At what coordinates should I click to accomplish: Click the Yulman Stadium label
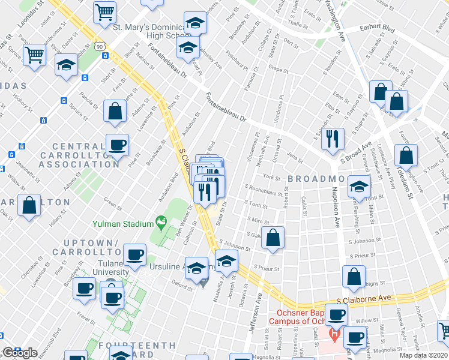[122, 224]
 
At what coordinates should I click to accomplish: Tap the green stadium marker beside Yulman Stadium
[161, 223]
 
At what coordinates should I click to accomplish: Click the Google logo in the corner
[20, 353]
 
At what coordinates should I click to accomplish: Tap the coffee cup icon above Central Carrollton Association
[117, 145]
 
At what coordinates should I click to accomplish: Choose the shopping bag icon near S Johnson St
[273, 237]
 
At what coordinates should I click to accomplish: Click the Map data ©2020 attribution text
[424, 355]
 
